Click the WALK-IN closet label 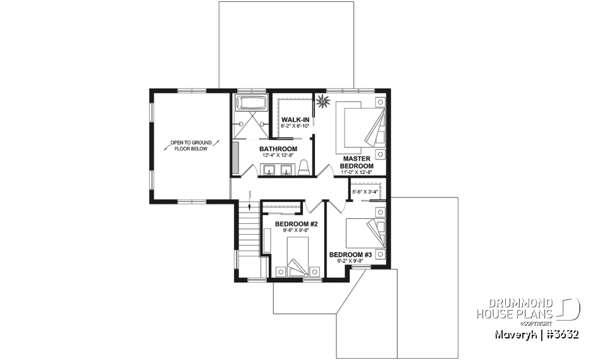[x=295, y=120]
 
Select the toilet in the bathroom [x=303, y=167]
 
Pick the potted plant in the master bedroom [x=324, y=101]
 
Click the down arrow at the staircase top [x=250, y=206]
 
